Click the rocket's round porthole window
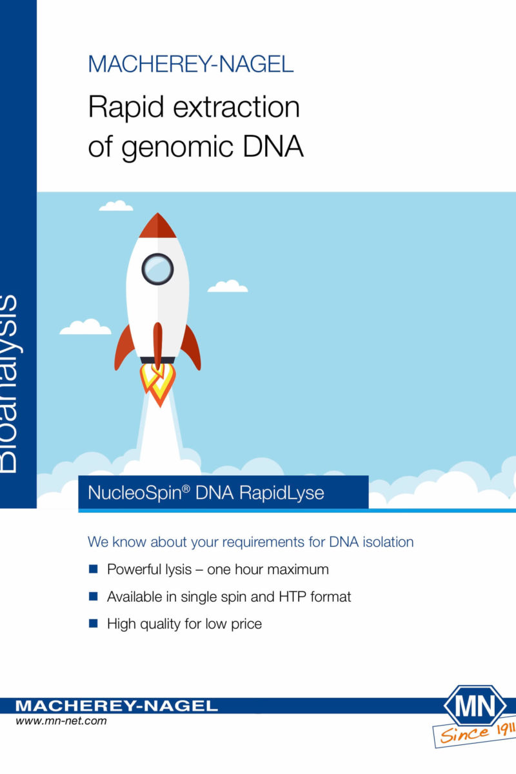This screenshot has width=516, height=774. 157,269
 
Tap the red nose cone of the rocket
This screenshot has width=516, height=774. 157,226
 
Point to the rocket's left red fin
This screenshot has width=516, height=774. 124,348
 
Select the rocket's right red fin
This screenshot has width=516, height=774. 191,348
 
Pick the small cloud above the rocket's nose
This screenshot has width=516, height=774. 116,206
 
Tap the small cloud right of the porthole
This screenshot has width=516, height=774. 228,286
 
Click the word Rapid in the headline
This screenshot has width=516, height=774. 126,107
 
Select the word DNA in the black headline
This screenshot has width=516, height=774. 273,146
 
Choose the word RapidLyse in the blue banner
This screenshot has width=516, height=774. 282,493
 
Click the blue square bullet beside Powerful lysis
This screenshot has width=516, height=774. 94,569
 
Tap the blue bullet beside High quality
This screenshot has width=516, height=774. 94,623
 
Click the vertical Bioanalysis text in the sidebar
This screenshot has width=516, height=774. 8,384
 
